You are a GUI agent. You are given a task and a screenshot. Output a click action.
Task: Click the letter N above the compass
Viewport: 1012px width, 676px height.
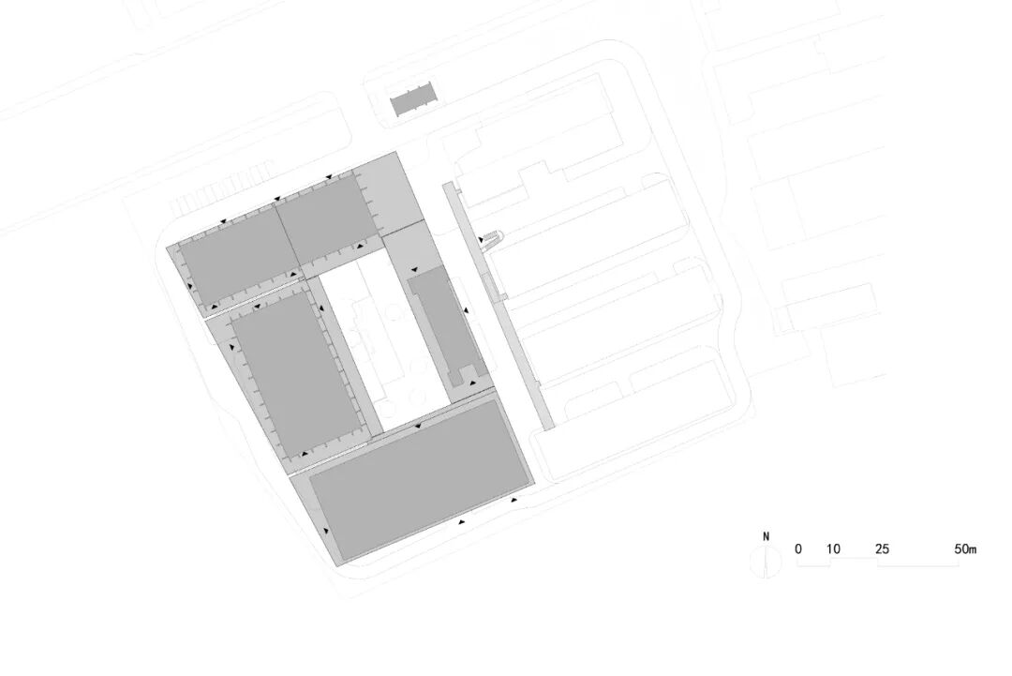(766, 537)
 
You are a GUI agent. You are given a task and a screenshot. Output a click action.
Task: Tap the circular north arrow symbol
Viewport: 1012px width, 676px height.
(766, 561)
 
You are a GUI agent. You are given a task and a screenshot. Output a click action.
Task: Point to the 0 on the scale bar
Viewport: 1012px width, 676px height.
(798, 549)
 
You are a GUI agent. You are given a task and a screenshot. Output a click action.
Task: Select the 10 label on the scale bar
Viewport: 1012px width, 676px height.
(833, 549)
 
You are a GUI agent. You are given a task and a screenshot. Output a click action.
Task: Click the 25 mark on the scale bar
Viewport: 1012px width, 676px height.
(882, 549)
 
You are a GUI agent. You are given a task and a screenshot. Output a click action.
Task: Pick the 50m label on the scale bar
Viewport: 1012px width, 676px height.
(965, 549)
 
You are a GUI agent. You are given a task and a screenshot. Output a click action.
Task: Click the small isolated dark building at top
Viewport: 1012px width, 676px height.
(413, 100)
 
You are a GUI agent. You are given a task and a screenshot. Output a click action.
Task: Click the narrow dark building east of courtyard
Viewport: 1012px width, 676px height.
(442, 323)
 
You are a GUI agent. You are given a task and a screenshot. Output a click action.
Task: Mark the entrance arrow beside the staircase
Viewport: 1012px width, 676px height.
(482, 240)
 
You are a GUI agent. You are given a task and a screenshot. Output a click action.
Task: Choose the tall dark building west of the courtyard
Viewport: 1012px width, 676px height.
(293, 370)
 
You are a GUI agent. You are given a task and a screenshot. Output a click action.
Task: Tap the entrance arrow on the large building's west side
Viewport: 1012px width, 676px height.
(326, 532)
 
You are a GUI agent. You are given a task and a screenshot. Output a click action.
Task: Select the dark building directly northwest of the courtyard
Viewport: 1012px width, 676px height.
(325, 215)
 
